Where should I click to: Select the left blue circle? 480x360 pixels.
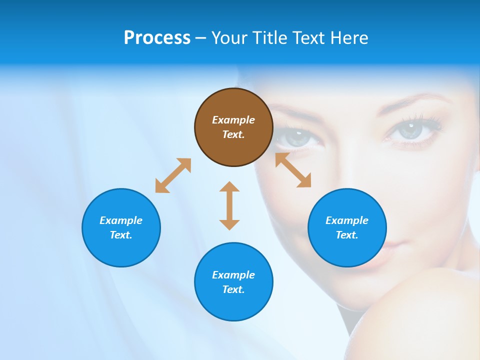[x=121, y=227]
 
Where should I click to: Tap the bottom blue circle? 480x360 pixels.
[x=233, y=282]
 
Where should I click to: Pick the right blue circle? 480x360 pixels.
[x=347, y=227]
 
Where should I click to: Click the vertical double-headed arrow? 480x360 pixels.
[x=229, y=205]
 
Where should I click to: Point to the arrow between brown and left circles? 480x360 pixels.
[x=173, y=175]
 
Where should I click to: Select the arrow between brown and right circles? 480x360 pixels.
[x=293, y=170]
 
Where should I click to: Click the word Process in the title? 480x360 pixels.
[x=157, y=38]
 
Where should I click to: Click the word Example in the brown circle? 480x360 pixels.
[x=233, y=120]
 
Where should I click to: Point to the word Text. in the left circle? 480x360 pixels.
[x=121, y=235]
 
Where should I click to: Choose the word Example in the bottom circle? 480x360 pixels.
[x=233, y=275]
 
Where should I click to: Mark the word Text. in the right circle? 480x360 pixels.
[x=347, y=235]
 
